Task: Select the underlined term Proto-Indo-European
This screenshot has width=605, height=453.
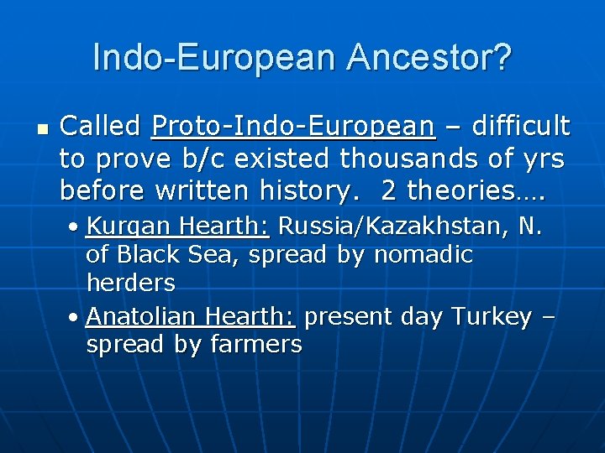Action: (x=293, y=127)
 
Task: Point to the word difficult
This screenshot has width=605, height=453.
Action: (x=521, y=127)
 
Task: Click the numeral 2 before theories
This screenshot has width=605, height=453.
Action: (x=389, y=190)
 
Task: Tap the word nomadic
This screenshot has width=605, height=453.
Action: (x=423, y=255)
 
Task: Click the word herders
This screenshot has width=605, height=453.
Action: (x=130, y=284)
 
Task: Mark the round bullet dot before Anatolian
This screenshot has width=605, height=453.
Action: (x=76, y=318)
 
